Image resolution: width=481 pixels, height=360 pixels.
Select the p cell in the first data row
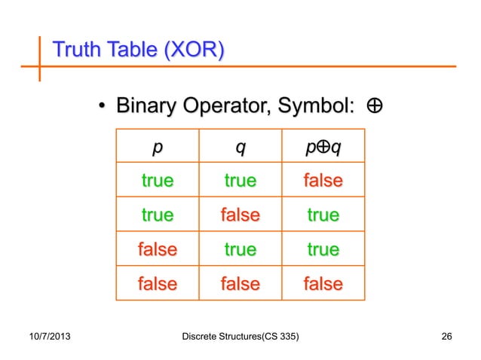coord(157,182)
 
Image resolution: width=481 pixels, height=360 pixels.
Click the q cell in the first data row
coord(240,182)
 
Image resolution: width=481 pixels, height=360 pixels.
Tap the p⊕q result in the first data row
coord(323,182)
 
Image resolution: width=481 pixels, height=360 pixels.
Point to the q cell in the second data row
coord(240,216)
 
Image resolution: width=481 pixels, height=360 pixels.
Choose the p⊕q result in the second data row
coord(323,216)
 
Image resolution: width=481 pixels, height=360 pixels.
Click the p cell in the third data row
coord(157,249)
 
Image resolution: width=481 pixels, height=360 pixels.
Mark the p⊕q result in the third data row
coord(323,249)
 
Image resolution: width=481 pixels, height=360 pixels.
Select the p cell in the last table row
coord(157,284)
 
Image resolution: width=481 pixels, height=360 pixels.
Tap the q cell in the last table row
coord(240,284)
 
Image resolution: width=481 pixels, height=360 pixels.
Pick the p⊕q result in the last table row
coord(323,284)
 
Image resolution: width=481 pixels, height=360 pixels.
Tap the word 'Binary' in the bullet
coord(148,108)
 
